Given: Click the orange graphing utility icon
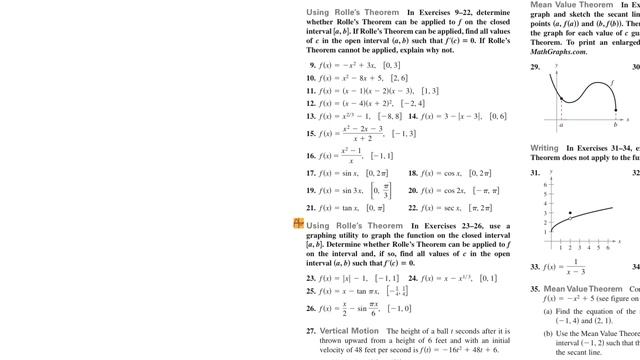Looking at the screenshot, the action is [x=298, y=223].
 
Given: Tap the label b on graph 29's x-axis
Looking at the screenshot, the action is [x=613, y=125].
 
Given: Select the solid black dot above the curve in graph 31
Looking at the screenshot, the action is [x=570, y=213].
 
